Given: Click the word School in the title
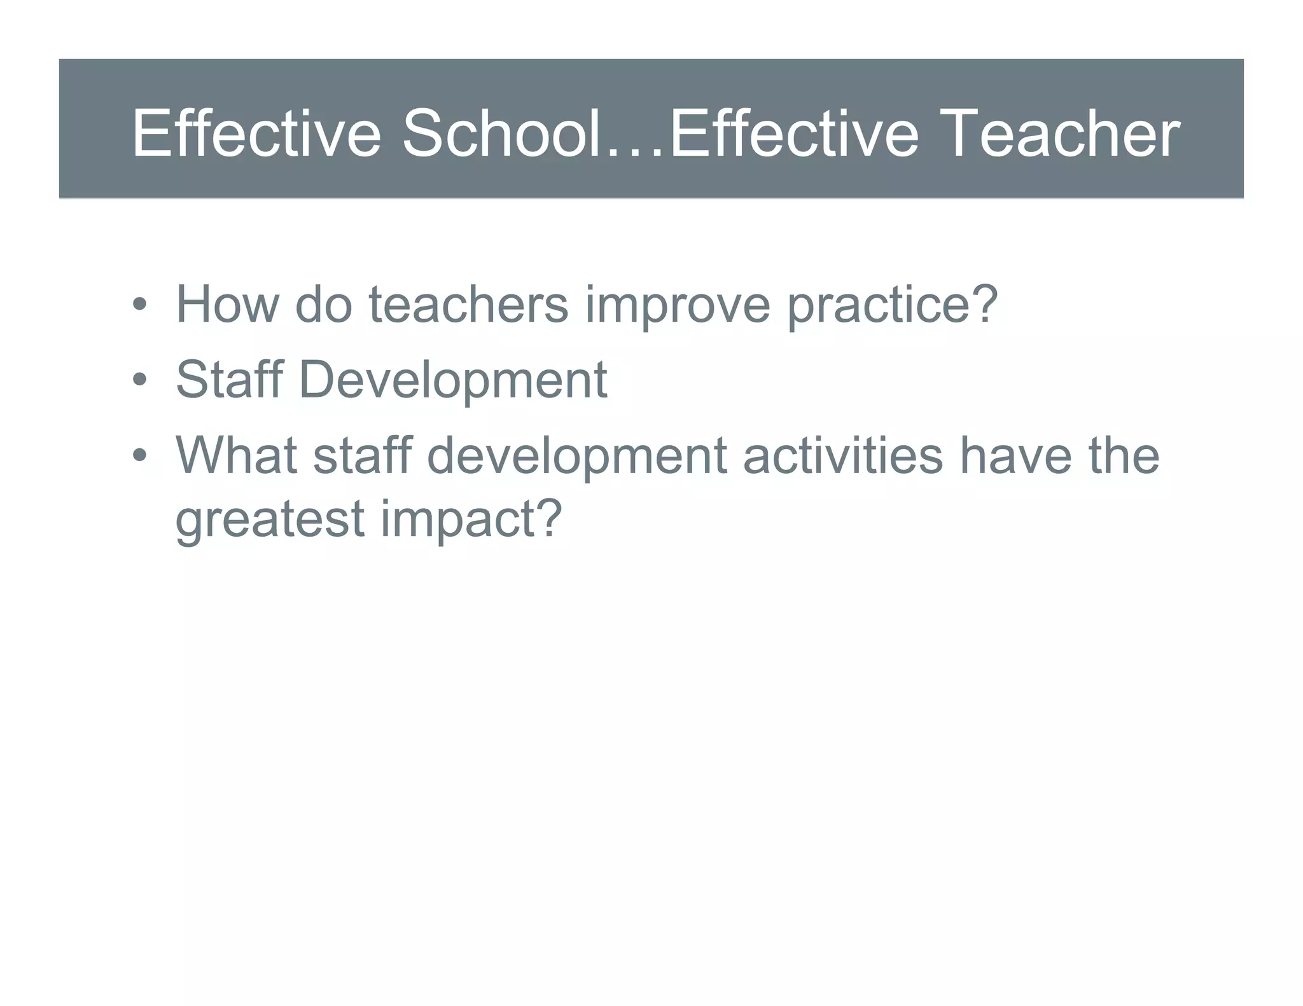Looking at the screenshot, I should pos(501,134).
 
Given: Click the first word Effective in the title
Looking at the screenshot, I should pos(256,134).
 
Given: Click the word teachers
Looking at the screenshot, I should pos(468,304).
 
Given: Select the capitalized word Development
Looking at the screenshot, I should pos(452,380).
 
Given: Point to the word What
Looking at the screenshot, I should pos(236,455).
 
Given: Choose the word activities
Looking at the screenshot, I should pos(843,455).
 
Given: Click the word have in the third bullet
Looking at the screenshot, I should pos(1015,455).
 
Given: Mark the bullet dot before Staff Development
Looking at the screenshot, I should pos(139,380).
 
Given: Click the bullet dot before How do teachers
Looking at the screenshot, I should pos(139,305).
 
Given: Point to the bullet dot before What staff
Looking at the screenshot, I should pos(139,456).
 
